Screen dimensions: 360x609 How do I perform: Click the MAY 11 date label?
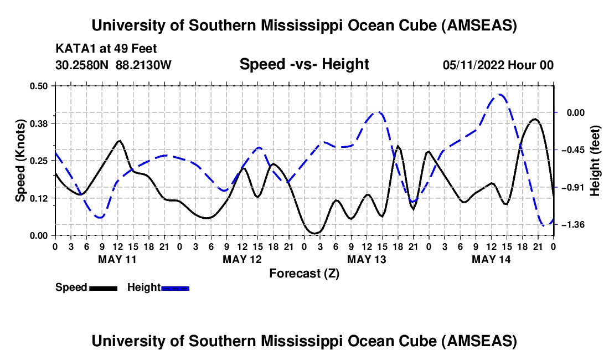[117, 259]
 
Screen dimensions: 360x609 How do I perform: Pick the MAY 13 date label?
[367, 259]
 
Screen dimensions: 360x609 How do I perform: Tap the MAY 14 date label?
[491, 259]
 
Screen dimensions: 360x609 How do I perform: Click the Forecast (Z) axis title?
[304, 273]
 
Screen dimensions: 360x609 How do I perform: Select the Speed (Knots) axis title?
[20, 161]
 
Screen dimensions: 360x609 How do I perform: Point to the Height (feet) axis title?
[596, 161]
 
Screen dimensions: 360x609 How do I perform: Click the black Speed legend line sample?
[103, 287]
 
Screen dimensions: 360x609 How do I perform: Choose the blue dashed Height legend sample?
[175, 287]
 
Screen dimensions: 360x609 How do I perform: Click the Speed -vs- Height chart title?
[304, 64]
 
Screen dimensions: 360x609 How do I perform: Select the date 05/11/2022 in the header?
[474, 65]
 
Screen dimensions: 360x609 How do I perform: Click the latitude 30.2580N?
[83, 65]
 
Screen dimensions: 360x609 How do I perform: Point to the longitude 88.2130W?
[144, 65]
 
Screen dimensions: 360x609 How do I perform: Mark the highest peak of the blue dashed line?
[499, 95]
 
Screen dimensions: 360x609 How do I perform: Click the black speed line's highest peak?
[535, 119]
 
